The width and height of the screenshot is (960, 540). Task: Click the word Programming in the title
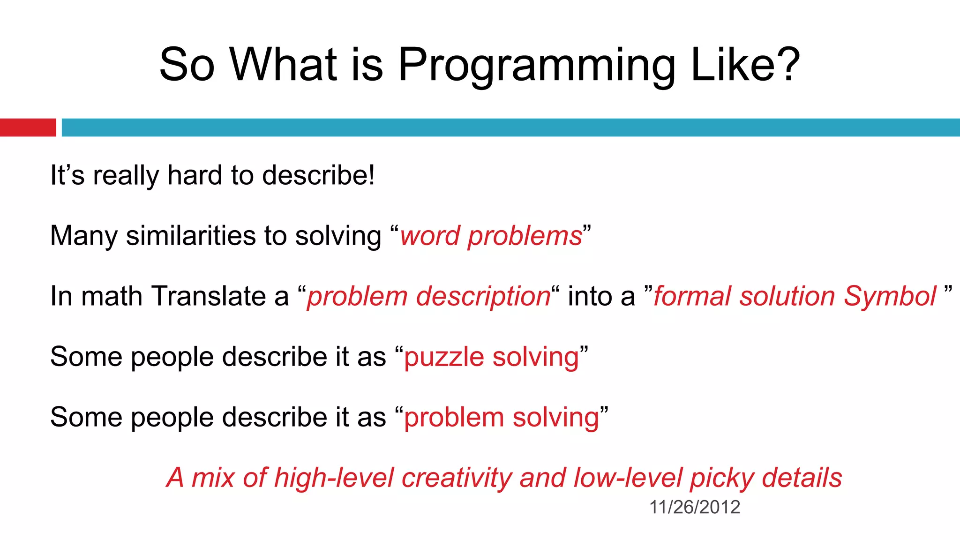tap(537, 66)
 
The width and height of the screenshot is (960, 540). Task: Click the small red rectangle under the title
tap(28, 127)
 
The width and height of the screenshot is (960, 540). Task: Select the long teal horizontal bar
tap(510, 127)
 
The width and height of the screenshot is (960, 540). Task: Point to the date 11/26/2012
tap(694, 507)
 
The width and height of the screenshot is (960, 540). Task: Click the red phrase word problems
tap(491, 236)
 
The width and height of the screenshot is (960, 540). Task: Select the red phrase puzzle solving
tap(491, 357)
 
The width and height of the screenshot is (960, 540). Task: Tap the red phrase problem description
tap(428, 297)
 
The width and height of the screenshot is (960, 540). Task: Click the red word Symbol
tap(890, 296)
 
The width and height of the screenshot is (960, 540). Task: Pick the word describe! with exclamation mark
tap(318, 175)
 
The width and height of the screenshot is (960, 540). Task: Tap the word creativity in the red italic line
tap(457, 478)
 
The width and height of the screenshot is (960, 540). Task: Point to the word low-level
tap(628, 478)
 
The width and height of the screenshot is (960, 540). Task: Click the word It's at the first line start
tap(67, 175)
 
